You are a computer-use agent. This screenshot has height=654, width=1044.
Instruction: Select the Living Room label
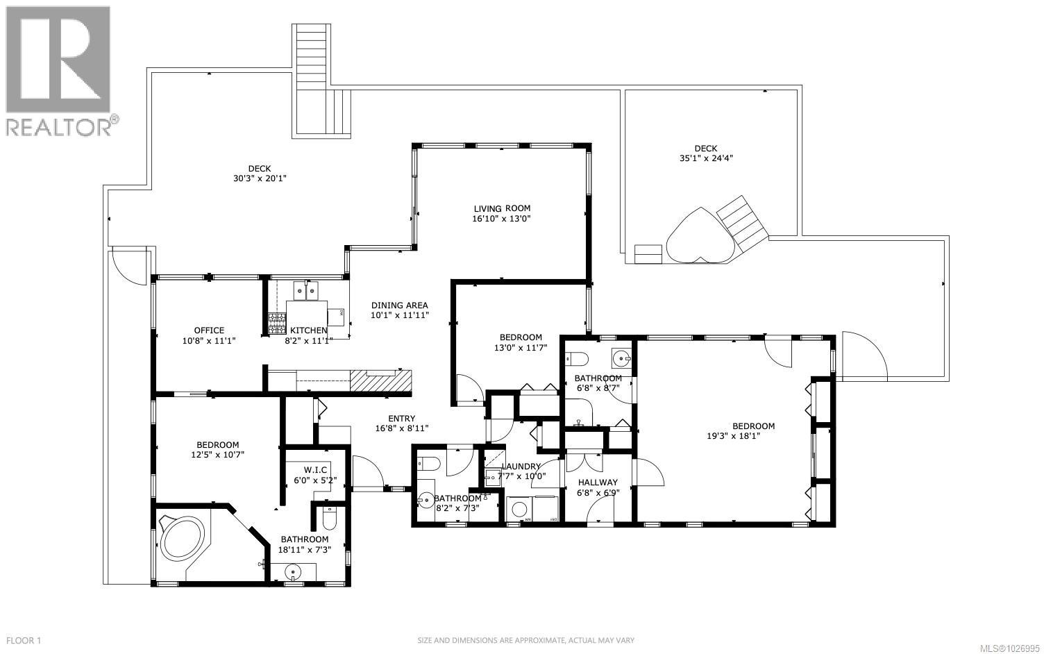point(502,208)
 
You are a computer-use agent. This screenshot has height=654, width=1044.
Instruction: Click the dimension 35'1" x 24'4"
point(706,158)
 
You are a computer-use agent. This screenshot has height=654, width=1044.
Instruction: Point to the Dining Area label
point(399,305)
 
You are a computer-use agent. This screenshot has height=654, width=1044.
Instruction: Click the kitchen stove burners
point(277,324)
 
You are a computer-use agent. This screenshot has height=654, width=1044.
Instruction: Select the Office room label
point(209,330)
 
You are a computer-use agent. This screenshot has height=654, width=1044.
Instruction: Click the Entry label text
point(401,418)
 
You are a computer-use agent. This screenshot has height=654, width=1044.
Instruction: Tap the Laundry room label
point(521,467)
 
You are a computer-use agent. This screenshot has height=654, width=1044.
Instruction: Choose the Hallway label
point(598,482)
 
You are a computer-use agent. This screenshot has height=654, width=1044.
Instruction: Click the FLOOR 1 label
point(23,640)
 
